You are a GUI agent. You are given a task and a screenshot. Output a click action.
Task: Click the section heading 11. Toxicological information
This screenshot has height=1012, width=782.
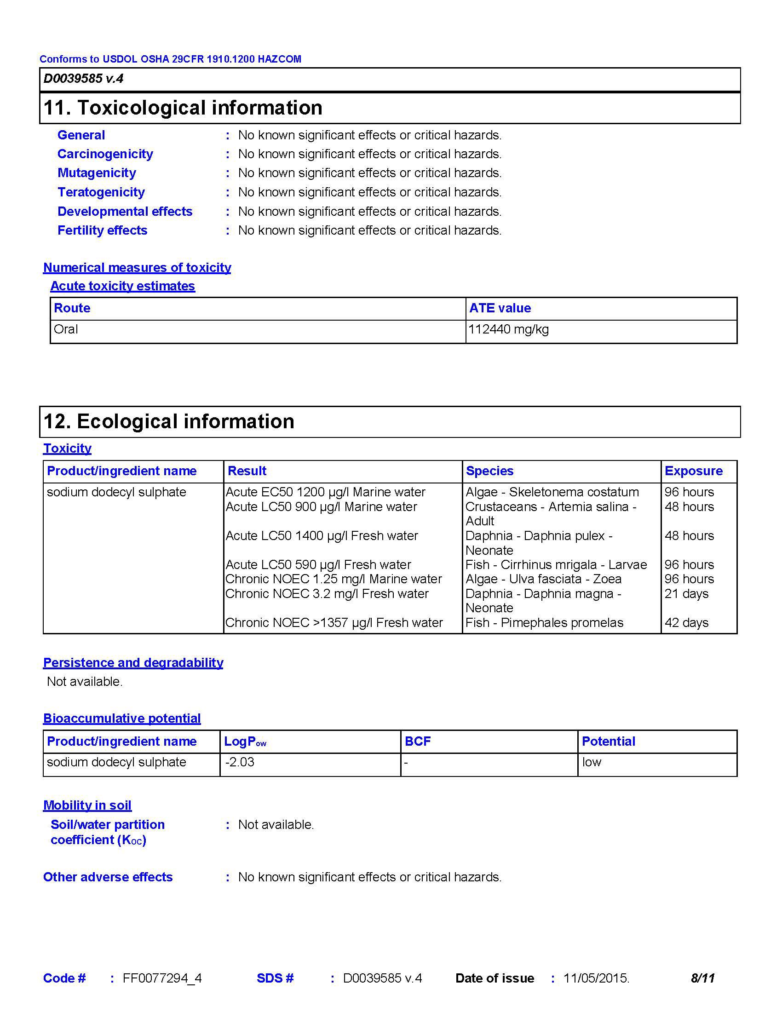click(x=183, y=108)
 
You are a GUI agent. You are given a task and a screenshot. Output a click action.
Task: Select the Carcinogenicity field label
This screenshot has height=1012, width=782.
click(x=105, y=154)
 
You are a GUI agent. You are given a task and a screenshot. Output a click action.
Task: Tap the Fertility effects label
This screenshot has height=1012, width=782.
click(x=103, y=230)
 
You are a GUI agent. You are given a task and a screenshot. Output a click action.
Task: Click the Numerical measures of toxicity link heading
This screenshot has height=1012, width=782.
click(x=137, y=267)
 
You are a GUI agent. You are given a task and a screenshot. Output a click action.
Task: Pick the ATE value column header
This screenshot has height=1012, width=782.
click(x=500, y=308)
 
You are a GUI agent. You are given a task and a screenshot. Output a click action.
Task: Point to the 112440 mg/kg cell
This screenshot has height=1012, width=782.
click(x=509, y=329)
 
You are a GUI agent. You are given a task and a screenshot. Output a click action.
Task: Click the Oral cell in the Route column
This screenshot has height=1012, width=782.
click(x=66, y=329)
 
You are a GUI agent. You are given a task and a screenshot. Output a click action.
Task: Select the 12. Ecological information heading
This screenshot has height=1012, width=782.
click(x=169, y=422)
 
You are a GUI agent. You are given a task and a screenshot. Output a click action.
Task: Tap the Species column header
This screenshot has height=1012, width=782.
click(x=490, y=471)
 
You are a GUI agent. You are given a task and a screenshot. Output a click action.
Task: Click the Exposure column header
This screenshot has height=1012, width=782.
click(x=694, y=471)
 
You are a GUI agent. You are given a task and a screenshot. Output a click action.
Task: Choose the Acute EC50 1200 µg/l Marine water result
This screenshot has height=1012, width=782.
click(x=325, y=492)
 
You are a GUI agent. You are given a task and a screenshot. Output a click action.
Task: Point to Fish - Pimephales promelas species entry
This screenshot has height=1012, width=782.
click(x=544, y=623)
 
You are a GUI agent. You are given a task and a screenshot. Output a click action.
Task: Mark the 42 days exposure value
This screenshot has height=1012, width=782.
click(x=687, y=623)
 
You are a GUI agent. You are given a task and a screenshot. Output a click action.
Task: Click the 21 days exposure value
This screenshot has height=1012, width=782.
click(x=687, y=593)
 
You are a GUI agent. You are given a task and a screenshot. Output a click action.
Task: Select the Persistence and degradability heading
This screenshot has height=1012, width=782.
click(x=133, y=662)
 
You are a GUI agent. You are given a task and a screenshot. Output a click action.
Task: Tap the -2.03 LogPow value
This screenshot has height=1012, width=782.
click(x=240, y=762)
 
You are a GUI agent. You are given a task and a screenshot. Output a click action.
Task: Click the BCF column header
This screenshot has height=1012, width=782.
click(x=417, y=742)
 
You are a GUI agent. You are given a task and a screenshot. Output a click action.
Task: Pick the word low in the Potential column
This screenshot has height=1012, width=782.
click(x=592, y=762)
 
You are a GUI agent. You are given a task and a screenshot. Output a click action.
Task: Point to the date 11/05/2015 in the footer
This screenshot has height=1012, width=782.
click(x=596, y=978)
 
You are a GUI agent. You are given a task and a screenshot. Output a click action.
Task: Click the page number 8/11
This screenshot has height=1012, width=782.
click(x=702, y=978)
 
